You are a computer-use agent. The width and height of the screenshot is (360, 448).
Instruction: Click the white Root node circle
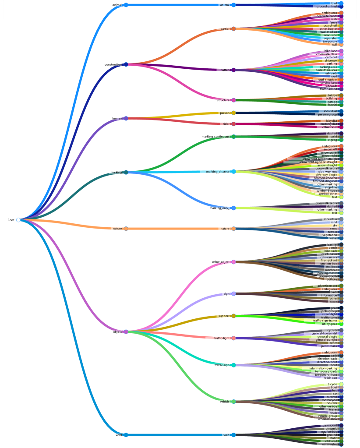coord(18,220)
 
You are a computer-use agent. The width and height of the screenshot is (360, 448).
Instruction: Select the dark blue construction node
coord(126,64)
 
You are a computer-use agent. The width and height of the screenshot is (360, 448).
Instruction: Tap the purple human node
coord(126,118)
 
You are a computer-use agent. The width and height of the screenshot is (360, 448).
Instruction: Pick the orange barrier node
coord(233,29)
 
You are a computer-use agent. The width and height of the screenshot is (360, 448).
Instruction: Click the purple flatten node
coord(233,70)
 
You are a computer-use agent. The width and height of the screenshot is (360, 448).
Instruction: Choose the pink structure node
coord(233,100)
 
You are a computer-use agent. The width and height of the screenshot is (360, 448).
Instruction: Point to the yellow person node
coord(233,113)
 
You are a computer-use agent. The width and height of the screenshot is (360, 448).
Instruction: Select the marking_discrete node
coord(233,172)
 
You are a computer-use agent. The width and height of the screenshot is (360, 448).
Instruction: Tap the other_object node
coord(233,262)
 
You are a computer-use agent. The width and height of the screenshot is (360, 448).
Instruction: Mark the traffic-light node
coord(233,338)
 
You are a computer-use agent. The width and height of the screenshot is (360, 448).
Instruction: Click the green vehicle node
coord(233,402)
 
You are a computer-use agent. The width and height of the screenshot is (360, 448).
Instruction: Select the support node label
coord(224,316)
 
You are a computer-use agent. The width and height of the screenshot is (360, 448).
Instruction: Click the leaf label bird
coord(334,3)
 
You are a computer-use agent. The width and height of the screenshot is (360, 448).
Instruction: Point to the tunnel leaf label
coord(333,105)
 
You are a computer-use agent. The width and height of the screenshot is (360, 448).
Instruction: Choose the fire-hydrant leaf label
coord(329,260)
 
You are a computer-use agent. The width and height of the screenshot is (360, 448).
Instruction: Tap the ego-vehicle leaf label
coord(329,432)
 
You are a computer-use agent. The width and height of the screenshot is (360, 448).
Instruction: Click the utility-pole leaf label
coord(329,324)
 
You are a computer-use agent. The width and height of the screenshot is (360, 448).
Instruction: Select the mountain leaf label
coord(330,219)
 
